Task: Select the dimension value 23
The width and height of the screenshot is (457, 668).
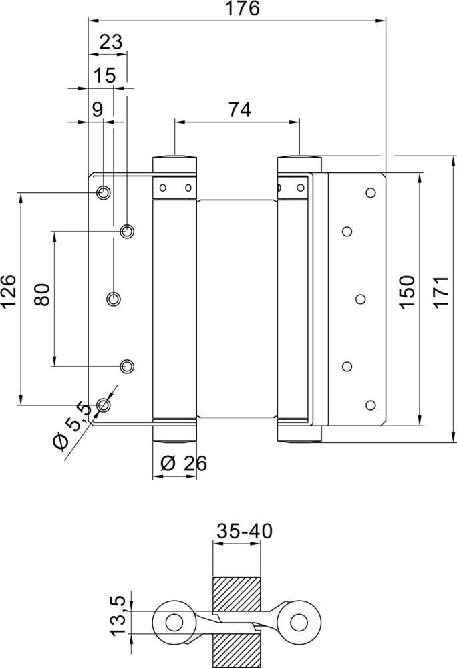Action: pyautogui.click(x=110, y=42)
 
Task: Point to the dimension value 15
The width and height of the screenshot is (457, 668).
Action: pyautogui.click(x=104, y=75)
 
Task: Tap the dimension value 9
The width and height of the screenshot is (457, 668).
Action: pyautogui.click(x=98, y=110)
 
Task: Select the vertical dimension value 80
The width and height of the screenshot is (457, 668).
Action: pyautogui.click(x=42, y=294)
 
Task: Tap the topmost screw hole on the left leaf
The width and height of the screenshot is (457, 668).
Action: pyautogui.click(x=103, y=193)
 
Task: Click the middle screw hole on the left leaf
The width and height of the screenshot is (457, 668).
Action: pyautogui.click(x=114, y=298)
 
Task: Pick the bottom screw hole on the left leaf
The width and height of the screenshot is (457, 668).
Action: pyautogui.click(x=103, y=404)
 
